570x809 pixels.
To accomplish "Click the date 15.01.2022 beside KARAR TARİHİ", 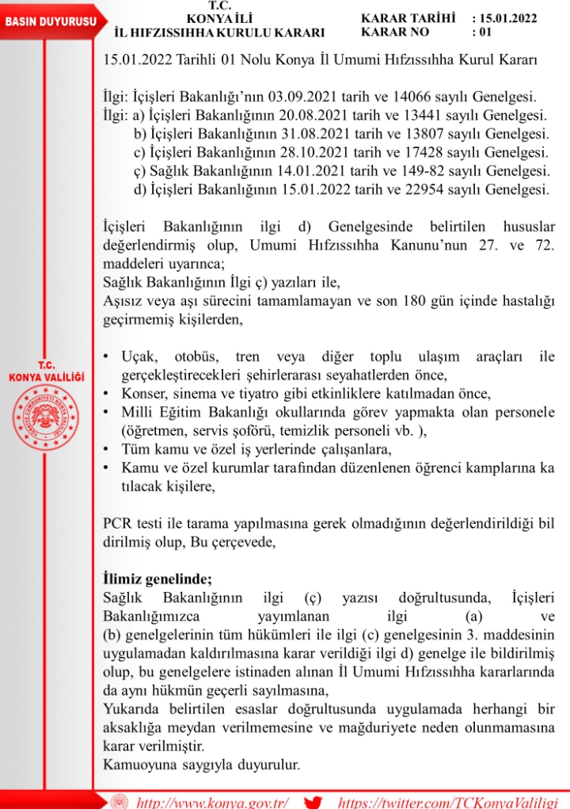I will tap(508, 17).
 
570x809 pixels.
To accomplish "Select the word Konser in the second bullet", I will tap(144, 394).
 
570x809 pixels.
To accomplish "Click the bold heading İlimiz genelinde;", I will tap(158, 578).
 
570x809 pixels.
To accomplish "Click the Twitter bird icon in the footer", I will tap(313, 800).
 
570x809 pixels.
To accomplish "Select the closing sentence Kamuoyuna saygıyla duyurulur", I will tap(202, 765).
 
